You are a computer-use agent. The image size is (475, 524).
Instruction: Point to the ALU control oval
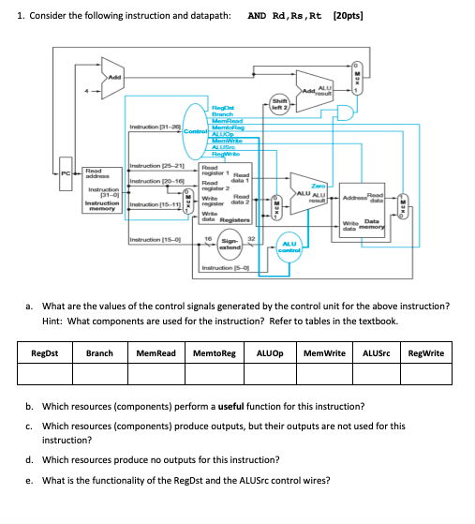pos(289,246)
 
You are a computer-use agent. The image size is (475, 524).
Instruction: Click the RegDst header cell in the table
pos(46,352)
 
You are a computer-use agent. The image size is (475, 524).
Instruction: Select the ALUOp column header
pos(272,352)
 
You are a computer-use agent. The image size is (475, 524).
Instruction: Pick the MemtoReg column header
pos(214,352)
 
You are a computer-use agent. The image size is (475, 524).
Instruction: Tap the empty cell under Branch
pos(99,374)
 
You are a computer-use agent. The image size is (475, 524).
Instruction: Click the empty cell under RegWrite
pos(427,374)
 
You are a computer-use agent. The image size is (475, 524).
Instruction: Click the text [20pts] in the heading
pos(349,16)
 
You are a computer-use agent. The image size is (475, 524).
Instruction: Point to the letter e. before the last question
pos(30,480)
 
